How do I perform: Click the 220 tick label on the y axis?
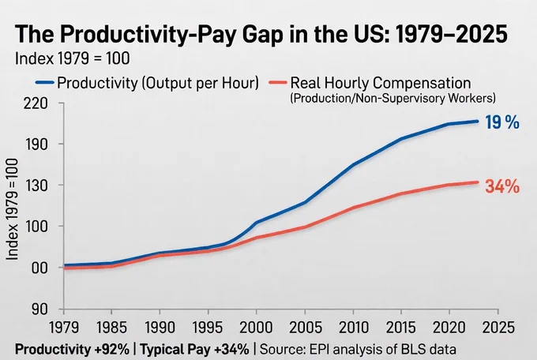tap(36, 103)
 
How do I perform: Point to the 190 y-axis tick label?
tap(36, 144)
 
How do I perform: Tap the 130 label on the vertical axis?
tap(36, 186)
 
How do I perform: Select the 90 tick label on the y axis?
tap(39, 309)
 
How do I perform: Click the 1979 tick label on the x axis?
tap(64, 328)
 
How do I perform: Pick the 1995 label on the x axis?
tap(208, 328)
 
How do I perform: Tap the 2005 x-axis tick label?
tap(306, 328)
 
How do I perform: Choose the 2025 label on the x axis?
tap(498, 328)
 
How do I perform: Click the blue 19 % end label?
tap(502, 122)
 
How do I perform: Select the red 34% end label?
tap(502, 186)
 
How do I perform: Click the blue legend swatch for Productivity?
tap(44, 83)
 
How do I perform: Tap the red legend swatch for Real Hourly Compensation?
tap(278, 83)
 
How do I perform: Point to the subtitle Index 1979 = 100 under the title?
tap(73, 58)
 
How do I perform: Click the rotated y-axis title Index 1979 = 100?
tap(13, 209)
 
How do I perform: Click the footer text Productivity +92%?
tap(73, 350)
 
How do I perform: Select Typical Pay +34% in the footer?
tap(194, 350)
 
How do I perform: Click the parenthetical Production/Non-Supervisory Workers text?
tap(392, 99)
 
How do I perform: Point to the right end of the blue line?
tap(477, 122)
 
